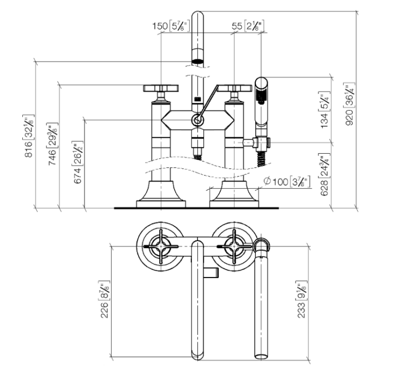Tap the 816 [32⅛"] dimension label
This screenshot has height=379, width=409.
click(x=29, y=136)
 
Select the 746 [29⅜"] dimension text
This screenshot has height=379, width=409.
click(x=53, y=144)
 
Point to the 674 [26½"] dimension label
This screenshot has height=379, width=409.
click(x=78, y=163)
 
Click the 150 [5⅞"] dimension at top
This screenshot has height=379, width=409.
click(x=171, y=26)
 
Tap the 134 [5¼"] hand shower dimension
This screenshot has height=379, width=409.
click(x=325, y=110)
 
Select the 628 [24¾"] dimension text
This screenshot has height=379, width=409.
click(x=324, y=175)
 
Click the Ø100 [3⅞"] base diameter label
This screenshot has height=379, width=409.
click(x=287, y=181)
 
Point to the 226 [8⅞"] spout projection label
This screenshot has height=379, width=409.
click(x=105, y=299)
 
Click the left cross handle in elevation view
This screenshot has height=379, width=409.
click(x=161, y=88)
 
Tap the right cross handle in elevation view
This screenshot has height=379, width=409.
click(x=234, y=88)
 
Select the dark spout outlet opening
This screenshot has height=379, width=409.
click(x=198, y=62)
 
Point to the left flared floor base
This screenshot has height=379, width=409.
click(x=161, y=194)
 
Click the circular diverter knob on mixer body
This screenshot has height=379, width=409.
click(x=198, y=121)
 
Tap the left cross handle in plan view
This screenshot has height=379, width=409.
click(x=161, y=246)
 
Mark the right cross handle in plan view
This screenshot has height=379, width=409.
click(x=234, y=246)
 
